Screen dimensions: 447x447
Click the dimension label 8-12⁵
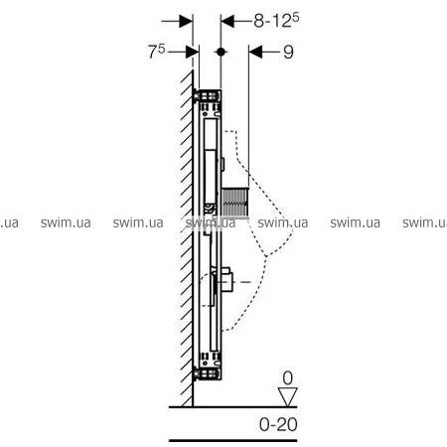(276, 21)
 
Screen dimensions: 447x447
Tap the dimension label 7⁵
(156, 52)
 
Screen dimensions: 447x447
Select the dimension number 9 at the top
(288, 52)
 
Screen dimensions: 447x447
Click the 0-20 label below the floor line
(278, 424)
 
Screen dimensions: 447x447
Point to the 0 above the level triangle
(287, 378)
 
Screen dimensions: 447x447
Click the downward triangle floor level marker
(288, 396)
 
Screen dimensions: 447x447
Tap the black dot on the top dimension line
(221, 52)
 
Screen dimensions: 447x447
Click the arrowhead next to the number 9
(255, 52)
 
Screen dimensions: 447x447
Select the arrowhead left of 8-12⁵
(227, 21)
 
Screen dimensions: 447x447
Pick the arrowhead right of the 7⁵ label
(193, 52)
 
